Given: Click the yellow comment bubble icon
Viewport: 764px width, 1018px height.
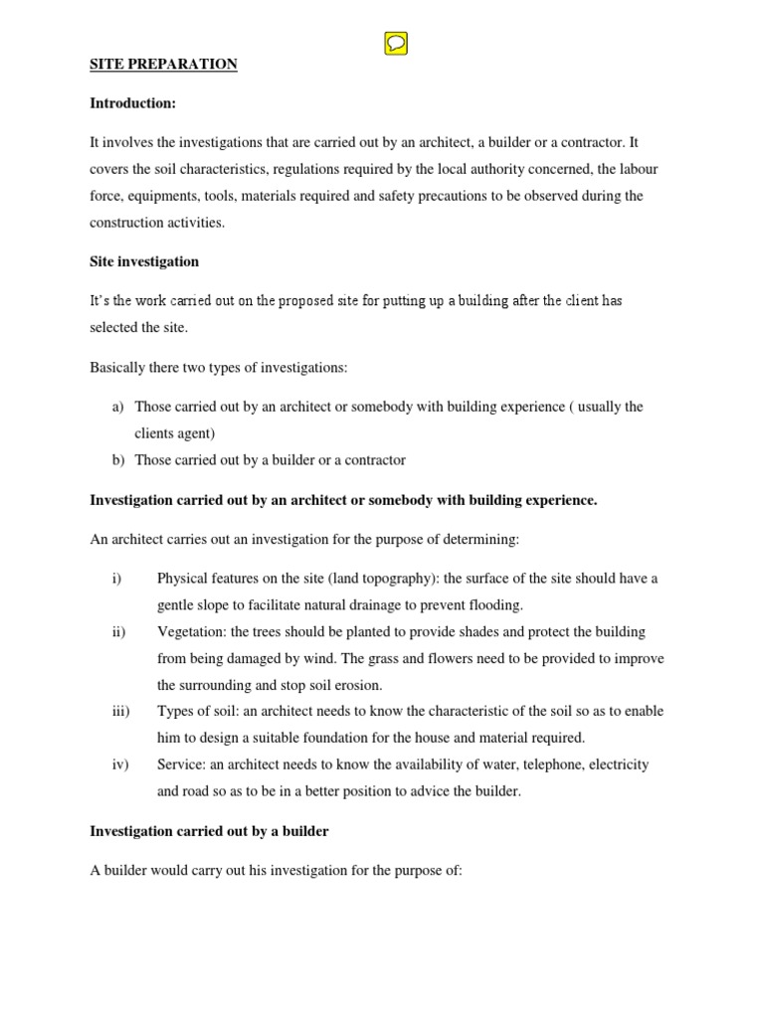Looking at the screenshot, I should (x=395, y=44).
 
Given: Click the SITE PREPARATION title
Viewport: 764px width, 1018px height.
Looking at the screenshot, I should (x=164, y=65).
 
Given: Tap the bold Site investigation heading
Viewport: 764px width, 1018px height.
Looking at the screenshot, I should (x=144, y=261).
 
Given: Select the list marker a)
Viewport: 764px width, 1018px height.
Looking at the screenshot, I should (x=116, y=407).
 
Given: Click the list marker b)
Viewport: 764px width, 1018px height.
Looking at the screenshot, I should (x=116, y=459).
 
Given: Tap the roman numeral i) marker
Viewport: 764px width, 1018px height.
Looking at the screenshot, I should (x=115, y=579).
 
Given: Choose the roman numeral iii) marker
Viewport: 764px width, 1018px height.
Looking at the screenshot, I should (x=119, y=711).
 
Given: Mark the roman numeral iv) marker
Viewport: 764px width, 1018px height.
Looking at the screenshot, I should (x=118, y=764).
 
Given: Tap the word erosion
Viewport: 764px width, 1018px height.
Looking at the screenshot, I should (x=355, y=685).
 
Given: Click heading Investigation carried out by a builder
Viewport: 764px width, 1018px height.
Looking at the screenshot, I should (x=209, y=831).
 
